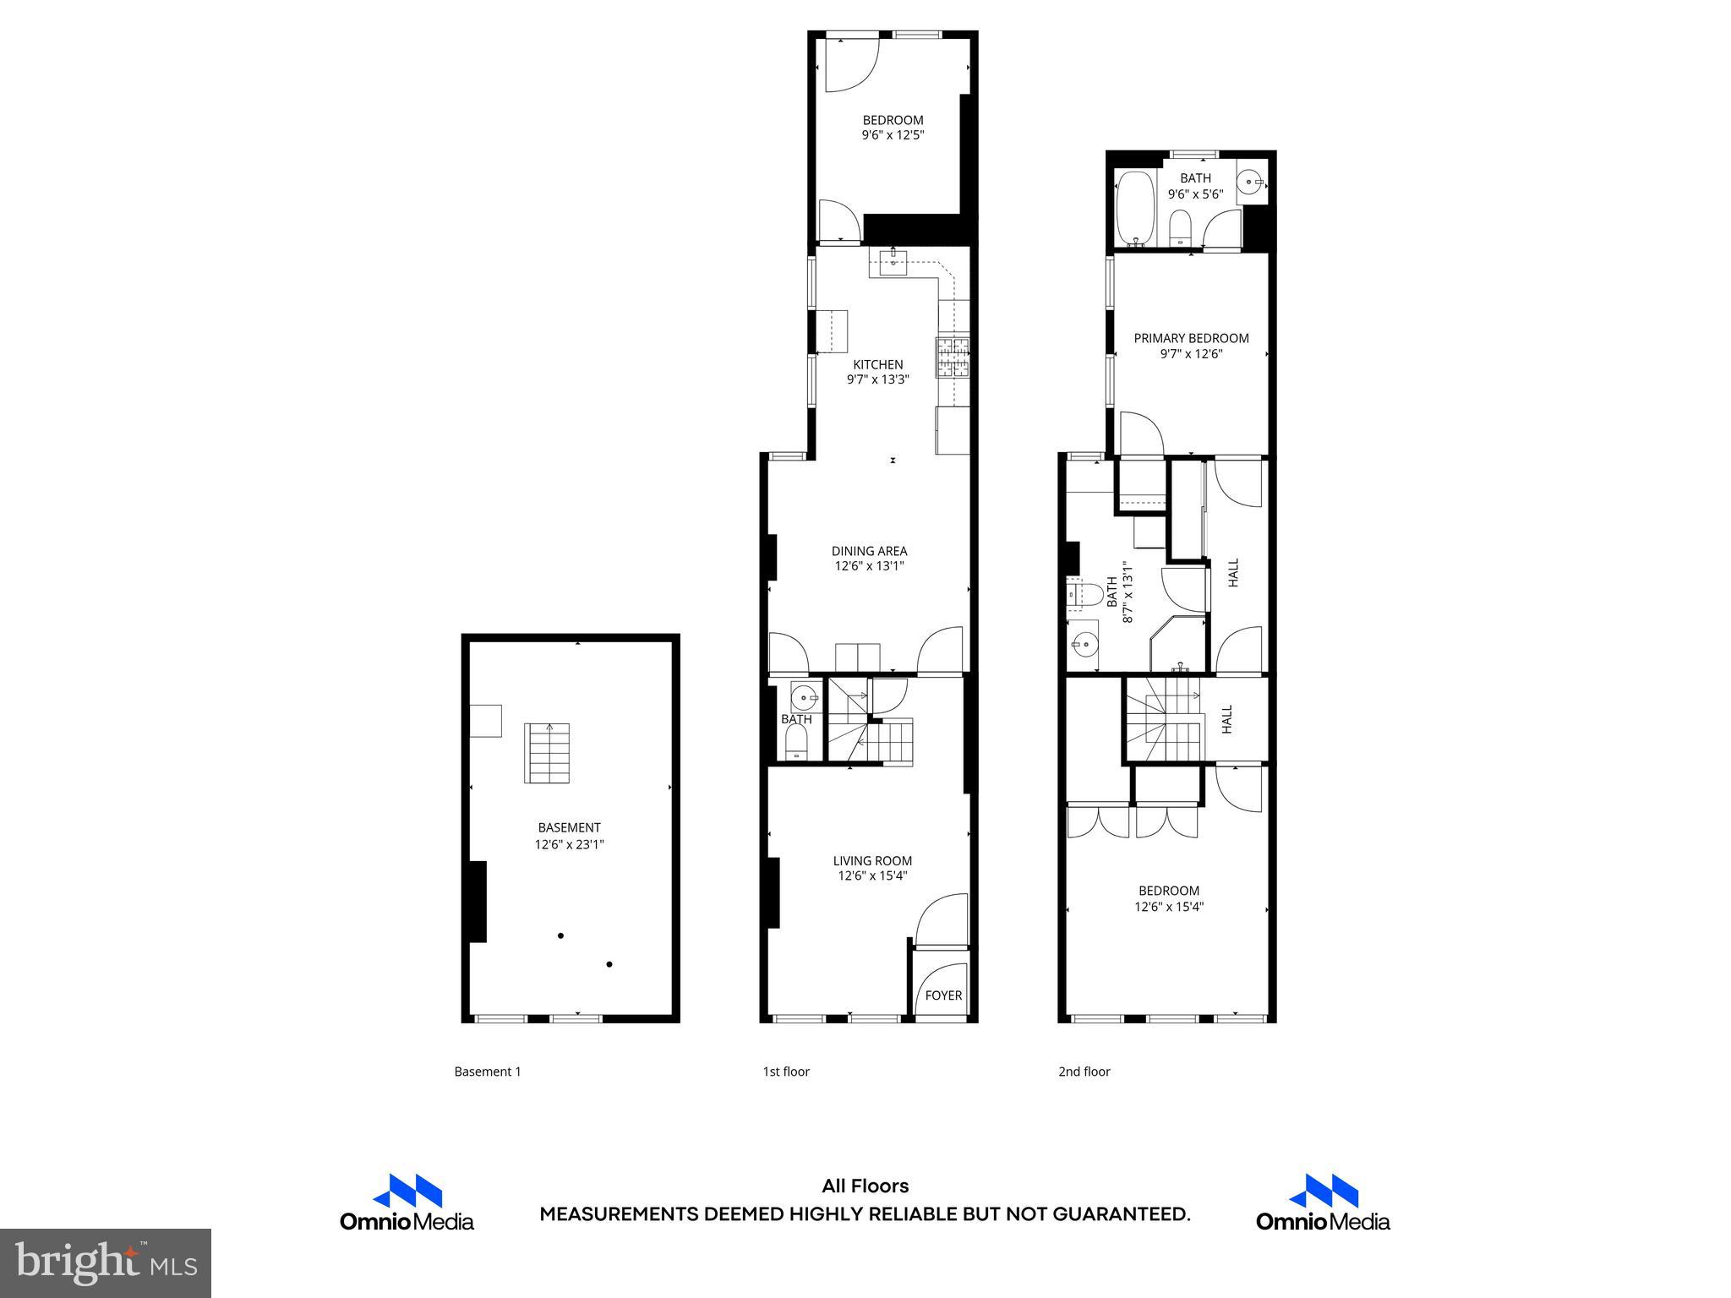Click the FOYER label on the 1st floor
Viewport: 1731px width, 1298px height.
click(943, 995)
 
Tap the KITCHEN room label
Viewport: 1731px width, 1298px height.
click(877, 365)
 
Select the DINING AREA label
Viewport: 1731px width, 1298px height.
click(869, 551)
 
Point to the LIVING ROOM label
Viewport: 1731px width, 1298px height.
click(872, 861)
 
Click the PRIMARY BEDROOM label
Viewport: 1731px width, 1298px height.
click(1191, 338)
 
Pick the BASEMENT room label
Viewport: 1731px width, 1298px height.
click(569, 828)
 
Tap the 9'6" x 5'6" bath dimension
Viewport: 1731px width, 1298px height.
click(1195, 194)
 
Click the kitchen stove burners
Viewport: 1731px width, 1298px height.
click(953, 357)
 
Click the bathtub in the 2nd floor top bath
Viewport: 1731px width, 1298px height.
click(1135, 208)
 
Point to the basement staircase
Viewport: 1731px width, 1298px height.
click(547, 752)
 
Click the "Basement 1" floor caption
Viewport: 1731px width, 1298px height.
click(488, 1072)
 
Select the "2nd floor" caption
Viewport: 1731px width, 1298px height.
click(1084, 1072)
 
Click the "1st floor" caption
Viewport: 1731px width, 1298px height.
click(786, 1072)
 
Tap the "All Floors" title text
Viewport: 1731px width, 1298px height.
click(865, 1186)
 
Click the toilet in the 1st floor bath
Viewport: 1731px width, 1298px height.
click(796, 744)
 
